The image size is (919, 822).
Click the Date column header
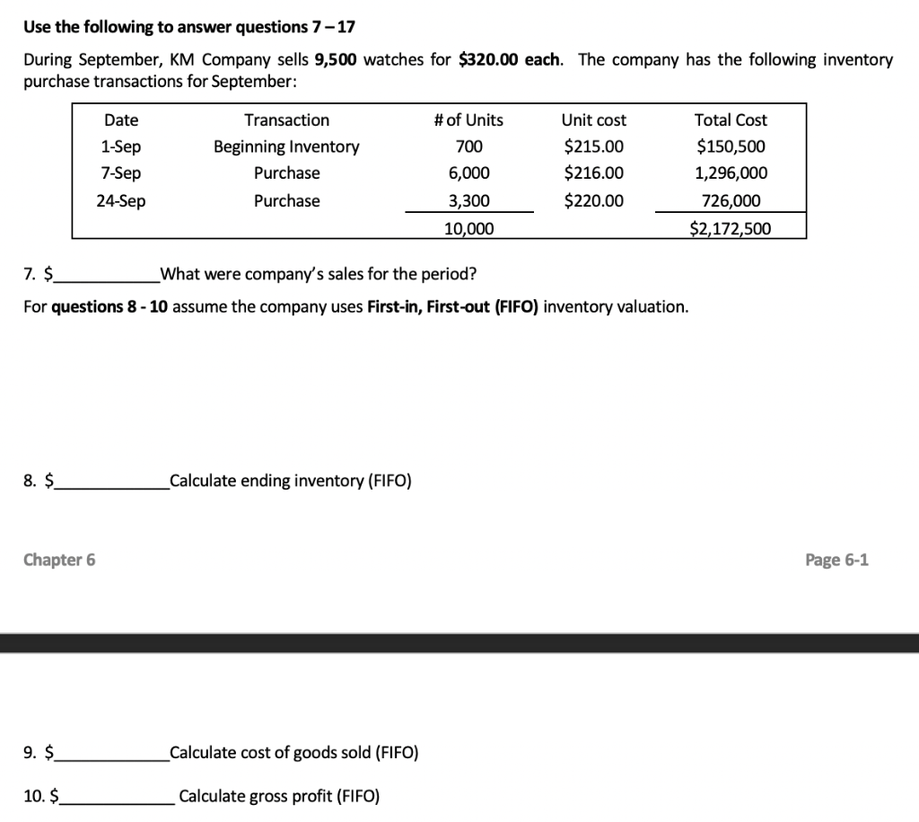pos(121,120)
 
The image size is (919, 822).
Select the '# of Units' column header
pos(468,120)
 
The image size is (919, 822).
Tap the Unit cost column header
pos(593,120)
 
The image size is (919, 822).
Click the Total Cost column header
pos(731,120)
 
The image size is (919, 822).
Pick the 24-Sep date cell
pos(121,201)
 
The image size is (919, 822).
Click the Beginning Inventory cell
pos(286,146)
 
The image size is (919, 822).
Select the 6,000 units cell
pos(468,173)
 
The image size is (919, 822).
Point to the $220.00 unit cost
pos(593,201)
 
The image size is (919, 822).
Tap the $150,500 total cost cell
pos(731,146)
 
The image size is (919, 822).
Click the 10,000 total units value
pos(468,229)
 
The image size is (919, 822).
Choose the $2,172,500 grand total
pos(731,229)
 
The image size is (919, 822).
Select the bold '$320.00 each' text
pos(511,60)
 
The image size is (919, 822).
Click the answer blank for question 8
pos(111,482)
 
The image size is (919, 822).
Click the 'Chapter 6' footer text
pos(59,561)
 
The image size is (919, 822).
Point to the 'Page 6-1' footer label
pos(836,561)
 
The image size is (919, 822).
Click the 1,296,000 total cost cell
pos(731,173)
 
